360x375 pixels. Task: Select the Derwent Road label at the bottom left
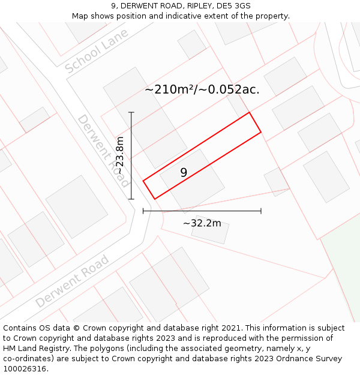click(x=73, y=281)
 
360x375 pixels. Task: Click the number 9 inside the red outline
click(x=184, y=173)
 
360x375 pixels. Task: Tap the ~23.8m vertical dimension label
click(x=120, y=155)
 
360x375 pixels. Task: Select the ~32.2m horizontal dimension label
click(x=202, y=224)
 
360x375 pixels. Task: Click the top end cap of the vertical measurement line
click(x=131, y=112)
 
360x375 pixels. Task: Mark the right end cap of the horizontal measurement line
click(x=261, y=211)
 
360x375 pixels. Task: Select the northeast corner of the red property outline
click(x=249, y=112)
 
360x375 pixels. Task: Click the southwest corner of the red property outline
click(x=154, y=199)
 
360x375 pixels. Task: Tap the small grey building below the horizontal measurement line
click(x=210, y=230)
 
